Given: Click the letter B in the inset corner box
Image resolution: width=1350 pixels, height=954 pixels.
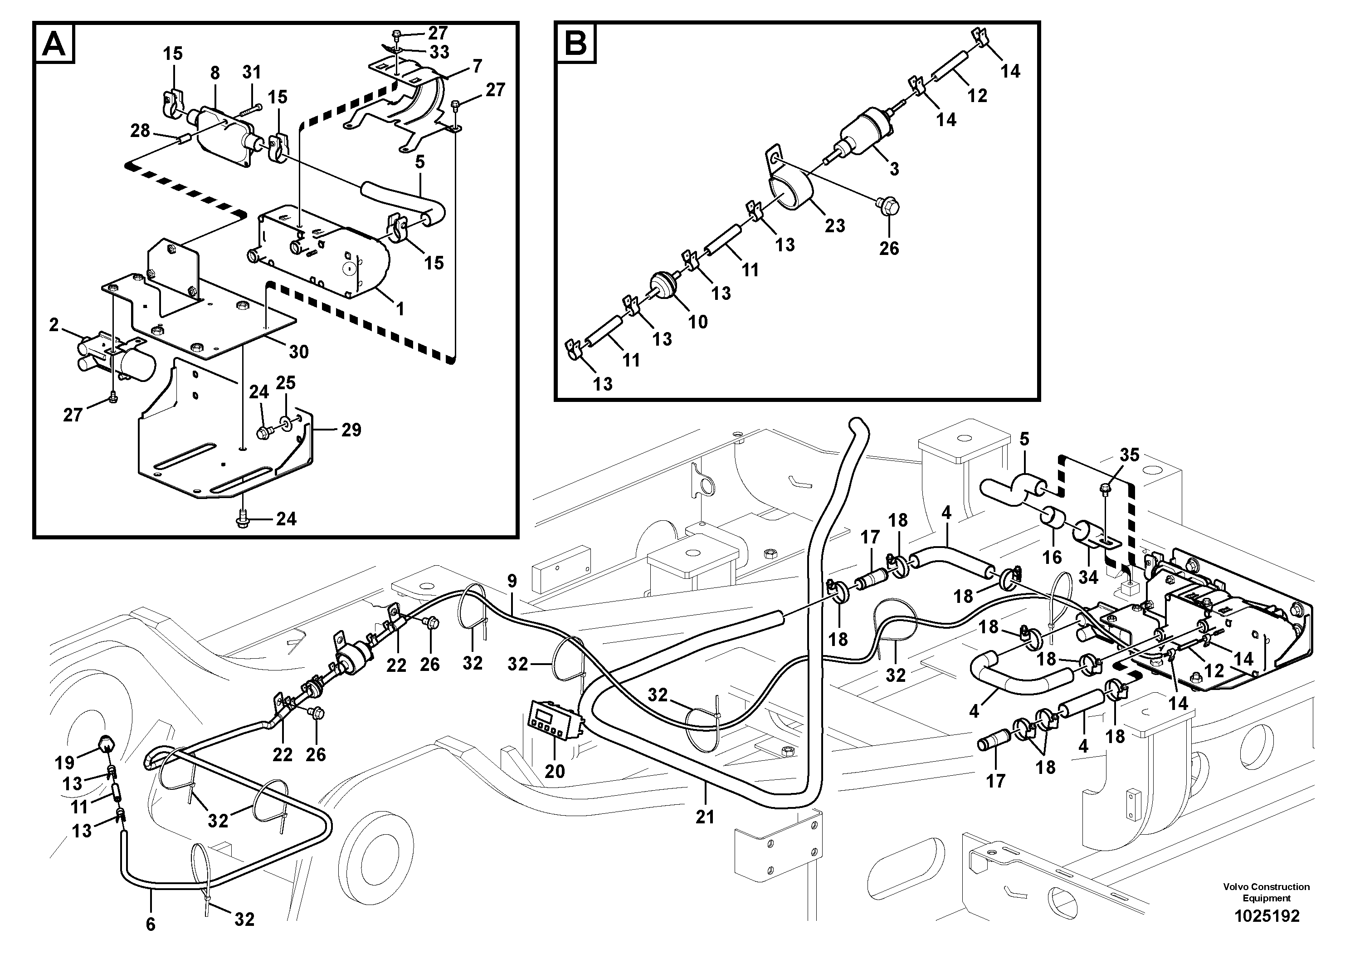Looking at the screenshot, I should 575,42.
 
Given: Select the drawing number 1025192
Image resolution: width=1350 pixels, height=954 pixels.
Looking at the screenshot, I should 1267,916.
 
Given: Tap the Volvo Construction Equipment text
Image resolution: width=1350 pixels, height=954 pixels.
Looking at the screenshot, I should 1266,892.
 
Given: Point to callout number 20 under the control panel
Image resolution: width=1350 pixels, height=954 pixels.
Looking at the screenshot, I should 555,771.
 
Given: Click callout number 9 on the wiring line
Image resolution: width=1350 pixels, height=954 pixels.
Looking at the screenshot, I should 512,581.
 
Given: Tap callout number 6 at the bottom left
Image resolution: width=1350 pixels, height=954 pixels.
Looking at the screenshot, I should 151,924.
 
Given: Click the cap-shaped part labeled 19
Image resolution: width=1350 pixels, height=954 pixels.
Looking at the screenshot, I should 105,744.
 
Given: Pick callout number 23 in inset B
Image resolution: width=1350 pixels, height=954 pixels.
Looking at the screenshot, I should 834,225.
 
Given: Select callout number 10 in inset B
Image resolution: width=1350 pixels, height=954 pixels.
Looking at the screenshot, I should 698,321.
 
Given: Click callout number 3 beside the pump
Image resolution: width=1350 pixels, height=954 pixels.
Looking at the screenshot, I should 894,169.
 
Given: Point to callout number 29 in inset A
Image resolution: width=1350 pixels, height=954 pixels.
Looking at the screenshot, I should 351,430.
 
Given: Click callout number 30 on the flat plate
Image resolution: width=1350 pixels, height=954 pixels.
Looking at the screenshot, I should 299,352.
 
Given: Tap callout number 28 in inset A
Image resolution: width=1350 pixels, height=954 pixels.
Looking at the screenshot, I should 140,131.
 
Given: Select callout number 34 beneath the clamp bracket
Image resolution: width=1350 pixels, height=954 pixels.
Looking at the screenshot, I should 1088,577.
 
